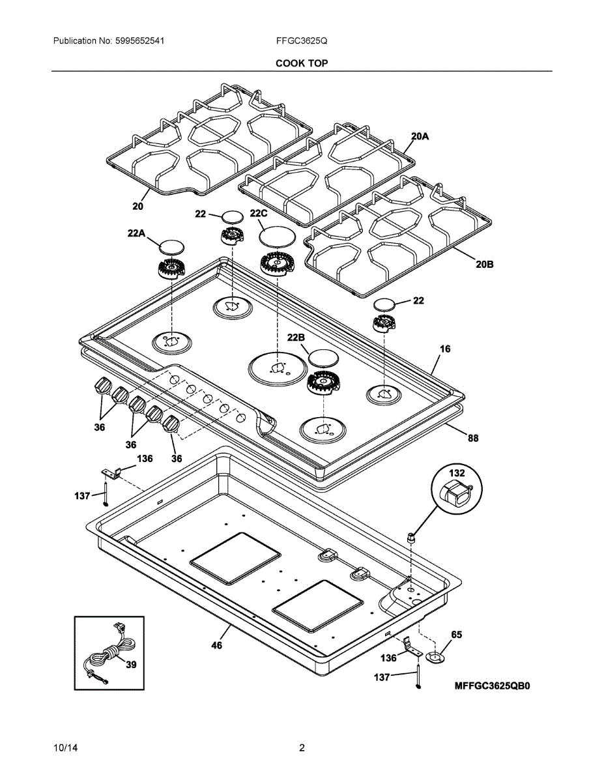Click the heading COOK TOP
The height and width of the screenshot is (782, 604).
[302, 63]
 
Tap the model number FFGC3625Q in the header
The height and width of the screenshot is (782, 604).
[302, 40]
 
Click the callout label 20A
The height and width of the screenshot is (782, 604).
[420, 136]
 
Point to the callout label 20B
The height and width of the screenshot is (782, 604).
[485, 265]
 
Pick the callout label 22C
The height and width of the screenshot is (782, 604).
[259, 214]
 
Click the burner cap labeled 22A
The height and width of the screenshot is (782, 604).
[172, 246]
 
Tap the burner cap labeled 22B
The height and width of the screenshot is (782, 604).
[324, 357]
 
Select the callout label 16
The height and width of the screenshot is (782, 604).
[444, 349]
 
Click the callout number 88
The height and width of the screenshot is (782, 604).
[472, 439]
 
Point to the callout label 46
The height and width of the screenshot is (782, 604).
[216, 645]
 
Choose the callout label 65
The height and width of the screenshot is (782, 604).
[457, 634]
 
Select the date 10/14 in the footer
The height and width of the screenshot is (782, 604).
[63, 748]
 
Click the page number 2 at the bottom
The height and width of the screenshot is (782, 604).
[302, 748]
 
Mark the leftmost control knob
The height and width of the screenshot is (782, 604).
[103, 386]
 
